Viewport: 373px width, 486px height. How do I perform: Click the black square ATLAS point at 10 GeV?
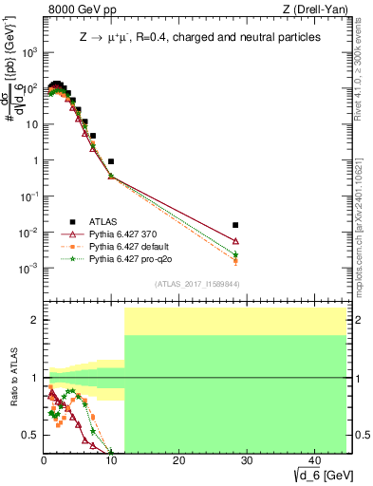tap(111, 162)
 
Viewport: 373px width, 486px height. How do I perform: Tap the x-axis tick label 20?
tap(177, 460)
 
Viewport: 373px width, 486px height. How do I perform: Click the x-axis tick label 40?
tap(313, 460)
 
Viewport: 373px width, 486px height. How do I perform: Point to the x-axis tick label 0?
tap(44, 460)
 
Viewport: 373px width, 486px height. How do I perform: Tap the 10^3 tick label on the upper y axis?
tap(29, 52)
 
